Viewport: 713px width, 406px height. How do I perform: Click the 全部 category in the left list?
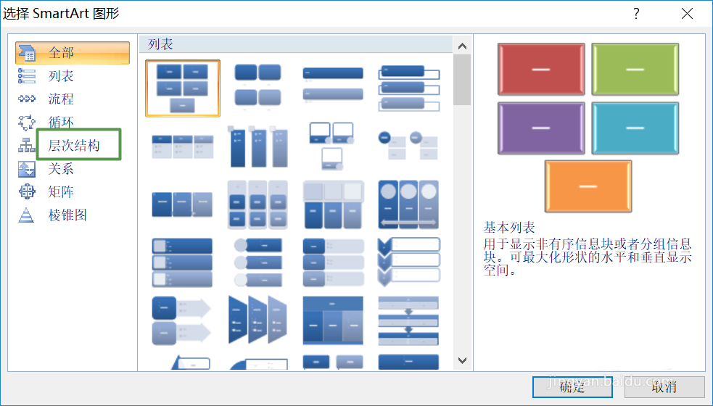pos(62,53)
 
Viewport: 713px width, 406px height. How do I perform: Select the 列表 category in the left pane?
pos(62,76)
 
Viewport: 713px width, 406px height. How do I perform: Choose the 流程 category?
pos(62,99)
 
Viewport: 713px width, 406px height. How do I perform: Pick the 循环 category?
pos(62,122)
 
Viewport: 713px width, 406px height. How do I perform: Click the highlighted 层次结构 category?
pos(73,145)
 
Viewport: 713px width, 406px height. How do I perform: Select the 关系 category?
pos(62,169)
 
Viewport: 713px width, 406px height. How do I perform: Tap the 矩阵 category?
pos(62,192)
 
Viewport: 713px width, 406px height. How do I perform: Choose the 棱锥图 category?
pos(67,215)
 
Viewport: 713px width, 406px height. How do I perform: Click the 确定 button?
pos(572,387)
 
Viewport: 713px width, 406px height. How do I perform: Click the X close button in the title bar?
pos(686,14)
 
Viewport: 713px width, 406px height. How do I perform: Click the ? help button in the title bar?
pos(636,14)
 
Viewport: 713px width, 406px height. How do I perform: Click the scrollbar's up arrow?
pos(462,46)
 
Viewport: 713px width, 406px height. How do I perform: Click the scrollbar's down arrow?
pos(462,360)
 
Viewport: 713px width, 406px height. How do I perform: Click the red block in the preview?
pos(541,69)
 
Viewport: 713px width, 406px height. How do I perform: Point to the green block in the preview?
pos(635,69)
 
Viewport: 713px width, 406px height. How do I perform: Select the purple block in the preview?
pos(541,128)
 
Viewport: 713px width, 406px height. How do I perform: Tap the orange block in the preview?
pos(588,186)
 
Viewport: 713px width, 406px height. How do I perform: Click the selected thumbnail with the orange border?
pos(183,88)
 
